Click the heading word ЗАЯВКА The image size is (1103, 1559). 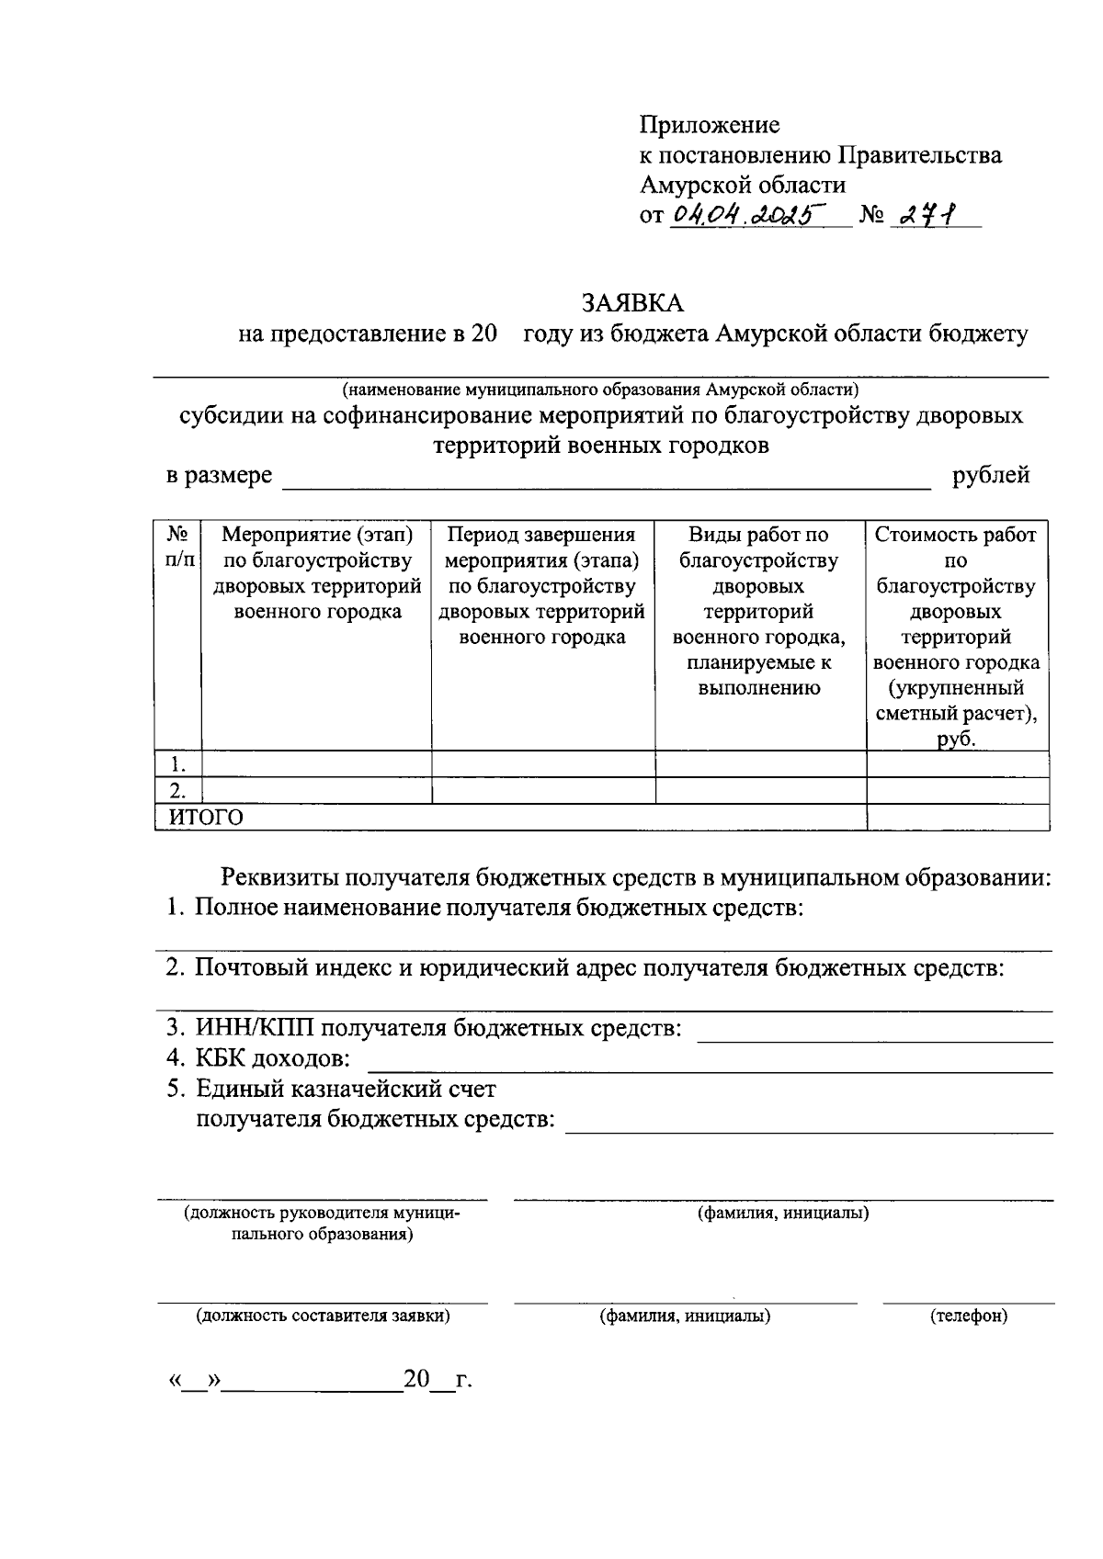pos(633,303)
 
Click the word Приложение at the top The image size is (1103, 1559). pos(710,125)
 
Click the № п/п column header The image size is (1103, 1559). pos(178,547)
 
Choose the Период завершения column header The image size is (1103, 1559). pos(542,585)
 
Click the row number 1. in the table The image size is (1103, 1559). pos(178,764)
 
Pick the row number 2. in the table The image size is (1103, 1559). pos(178,791)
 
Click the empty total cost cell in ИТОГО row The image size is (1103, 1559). pos(957,818)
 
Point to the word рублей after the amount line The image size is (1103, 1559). pos(991,476)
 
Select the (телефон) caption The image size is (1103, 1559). pos(968,1316)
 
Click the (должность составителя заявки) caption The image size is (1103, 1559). pos(322,1316)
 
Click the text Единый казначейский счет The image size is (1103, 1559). pos(346,1090)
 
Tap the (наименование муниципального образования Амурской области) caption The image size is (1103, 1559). pos(600,389)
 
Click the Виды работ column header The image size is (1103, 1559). pos(759,611)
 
